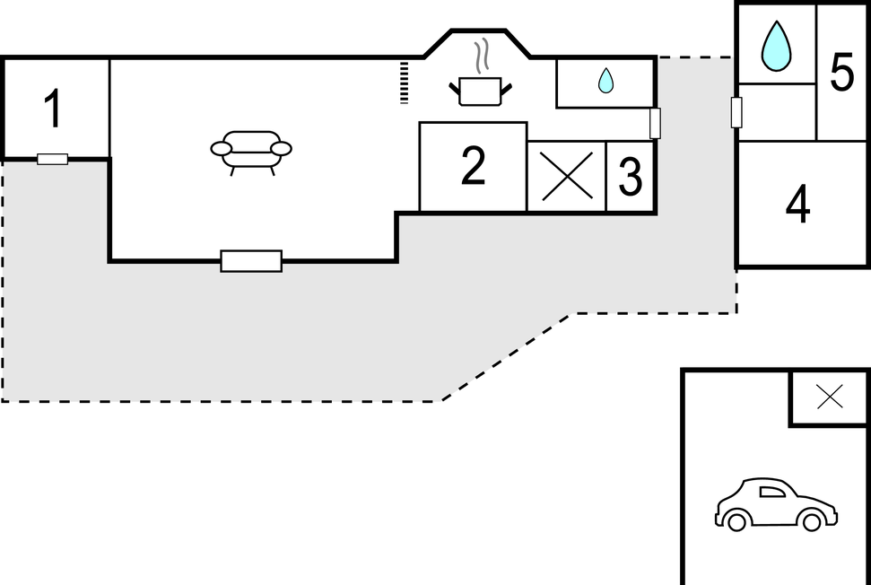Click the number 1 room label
(x=53, y=109)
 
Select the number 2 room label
(x=473, y=166)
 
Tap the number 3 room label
(x=631, y=177)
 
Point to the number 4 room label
(x=797, y=205)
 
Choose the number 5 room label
(x=841, y=73)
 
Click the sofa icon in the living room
(x=251, y=150)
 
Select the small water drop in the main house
(x=605, y=81)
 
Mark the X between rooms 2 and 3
(x=567, y=176)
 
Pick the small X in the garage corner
(x=830, y=396)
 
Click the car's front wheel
(x=811, y=521)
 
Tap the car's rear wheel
(x=737, y=521)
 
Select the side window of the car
(x=771, y=491)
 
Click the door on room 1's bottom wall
(x=53, y=160)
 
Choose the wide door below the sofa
(x=251, y=261)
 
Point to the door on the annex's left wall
(x=736, y=112)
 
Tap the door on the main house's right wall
(x=655, y=123)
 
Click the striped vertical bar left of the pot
(x=405, y=82)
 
